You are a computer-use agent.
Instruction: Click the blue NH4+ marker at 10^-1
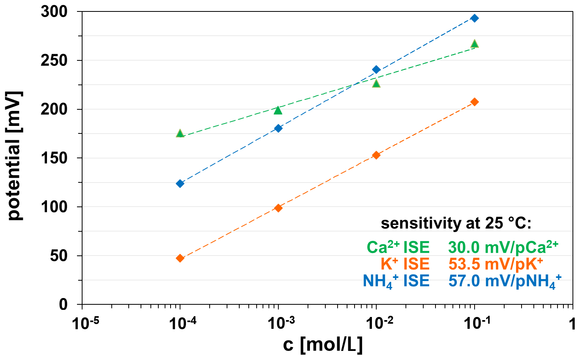(475, 18)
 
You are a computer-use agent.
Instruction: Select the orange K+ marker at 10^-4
(180, 258)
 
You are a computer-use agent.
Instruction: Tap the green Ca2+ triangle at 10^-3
(278, 110)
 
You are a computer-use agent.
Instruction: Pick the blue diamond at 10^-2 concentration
(376, 70)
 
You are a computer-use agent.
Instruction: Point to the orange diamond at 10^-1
(475, 102)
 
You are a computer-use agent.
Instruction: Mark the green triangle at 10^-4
(180, 133)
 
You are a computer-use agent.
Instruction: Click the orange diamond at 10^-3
(278, 208)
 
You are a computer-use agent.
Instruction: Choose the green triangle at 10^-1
(475, 44)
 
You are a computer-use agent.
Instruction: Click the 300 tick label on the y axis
(54, 12)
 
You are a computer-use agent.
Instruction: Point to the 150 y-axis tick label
(54, 158)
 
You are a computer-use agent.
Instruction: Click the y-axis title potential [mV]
(15, 156)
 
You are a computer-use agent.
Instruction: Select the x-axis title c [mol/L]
(323, 345)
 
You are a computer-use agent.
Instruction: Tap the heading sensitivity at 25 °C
(456, 223)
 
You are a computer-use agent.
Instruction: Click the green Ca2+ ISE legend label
(398, 247)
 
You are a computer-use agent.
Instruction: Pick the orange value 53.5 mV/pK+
(496, 264)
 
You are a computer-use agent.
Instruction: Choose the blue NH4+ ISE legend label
(396, 281)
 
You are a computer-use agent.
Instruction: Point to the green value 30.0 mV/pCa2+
(503, 247)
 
